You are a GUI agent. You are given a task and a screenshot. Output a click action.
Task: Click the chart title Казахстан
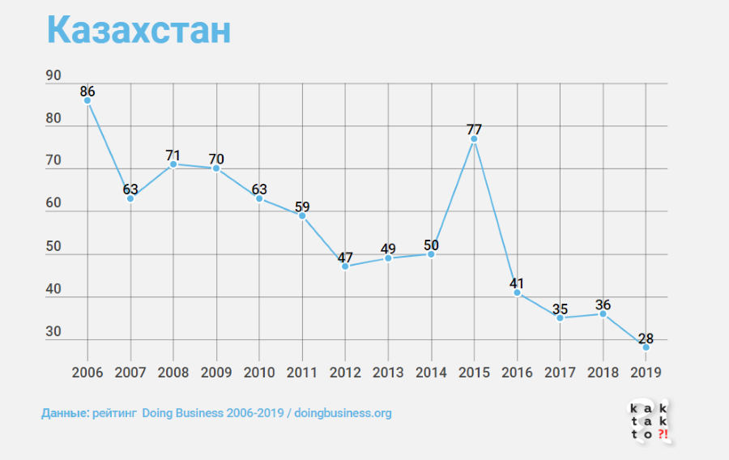coord(139,30)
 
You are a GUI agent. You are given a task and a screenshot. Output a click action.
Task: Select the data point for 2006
coord(87,100)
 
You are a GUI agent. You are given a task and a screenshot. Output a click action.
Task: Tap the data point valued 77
coord(474,139)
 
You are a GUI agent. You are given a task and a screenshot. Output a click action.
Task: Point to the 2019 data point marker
coord(646,347)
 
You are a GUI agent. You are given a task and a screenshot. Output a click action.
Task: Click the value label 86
coord(87,92)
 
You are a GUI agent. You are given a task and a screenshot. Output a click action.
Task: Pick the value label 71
coord(173,155)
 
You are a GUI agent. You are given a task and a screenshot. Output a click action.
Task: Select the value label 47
coord(345,258)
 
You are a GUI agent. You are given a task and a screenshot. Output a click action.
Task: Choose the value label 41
coord(517,283)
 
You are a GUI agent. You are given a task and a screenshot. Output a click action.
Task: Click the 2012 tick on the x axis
coord(345,373)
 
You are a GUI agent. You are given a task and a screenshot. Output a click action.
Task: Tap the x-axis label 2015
coord(474,373)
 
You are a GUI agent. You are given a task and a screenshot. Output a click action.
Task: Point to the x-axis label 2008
coord(173,373)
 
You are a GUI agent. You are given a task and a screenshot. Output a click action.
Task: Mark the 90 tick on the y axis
coord(53,76)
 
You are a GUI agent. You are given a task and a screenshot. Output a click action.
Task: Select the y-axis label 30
coord(53,332)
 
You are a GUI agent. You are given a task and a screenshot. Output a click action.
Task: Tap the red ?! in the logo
coord(663,435)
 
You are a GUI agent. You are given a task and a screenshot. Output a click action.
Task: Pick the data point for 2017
coord(560,317)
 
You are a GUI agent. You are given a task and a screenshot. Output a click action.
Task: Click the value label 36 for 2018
coord(603,305)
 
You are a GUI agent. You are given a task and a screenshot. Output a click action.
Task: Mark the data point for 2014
coord(431,253)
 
